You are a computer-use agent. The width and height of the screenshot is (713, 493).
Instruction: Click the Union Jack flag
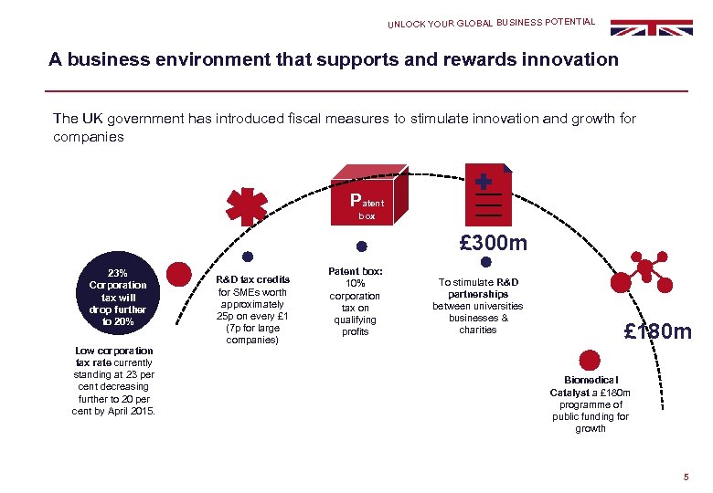tap(652, 27)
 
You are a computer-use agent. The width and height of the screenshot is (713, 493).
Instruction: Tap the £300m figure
tap(493, 244)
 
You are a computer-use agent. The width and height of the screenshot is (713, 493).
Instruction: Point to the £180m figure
tap(657, 331)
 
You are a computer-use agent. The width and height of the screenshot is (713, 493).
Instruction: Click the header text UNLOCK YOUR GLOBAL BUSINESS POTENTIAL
tap(491, 23)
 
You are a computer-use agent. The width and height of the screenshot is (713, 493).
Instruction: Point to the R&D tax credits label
tap(253, 279)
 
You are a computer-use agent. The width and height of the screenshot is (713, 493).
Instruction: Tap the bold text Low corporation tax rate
tap(113, 356)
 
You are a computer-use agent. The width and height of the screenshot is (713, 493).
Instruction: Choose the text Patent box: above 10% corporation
tap(356, 271)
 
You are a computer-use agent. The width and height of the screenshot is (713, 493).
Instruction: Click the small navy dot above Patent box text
tap(361, 246)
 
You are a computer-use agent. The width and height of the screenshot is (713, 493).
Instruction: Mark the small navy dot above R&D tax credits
tap(247, 257)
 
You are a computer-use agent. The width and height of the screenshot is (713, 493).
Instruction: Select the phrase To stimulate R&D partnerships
tap(477, 288)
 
